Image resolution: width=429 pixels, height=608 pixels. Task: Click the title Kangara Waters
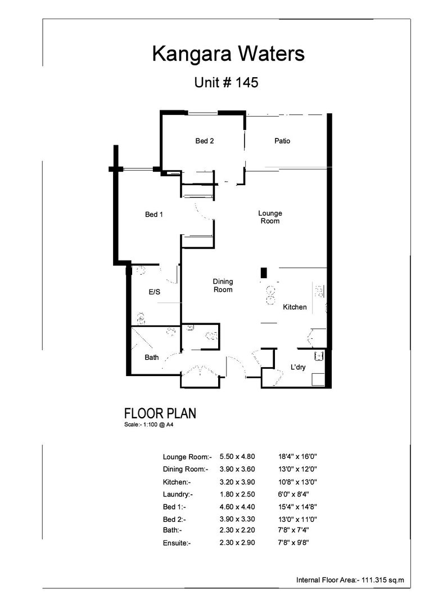(x=228, y=55)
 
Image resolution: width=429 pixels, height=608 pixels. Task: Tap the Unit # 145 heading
(x=226, y=82)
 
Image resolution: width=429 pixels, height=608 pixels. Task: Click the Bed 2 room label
(x=204, y=141)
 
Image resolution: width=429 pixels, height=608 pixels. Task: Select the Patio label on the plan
(x=282, y=141)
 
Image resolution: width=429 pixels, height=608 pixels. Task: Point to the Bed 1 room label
(x=153, y=214)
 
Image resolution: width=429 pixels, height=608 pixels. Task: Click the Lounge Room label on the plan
(x=270, y=217)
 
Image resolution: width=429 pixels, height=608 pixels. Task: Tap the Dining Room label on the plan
(x=223, y=285)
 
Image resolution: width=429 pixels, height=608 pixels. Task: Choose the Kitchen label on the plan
(x=295, y=307)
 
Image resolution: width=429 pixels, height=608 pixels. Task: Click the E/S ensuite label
(x=155, y=292)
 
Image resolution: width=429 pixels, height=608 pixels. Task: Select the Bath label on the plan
(x=152, y=357)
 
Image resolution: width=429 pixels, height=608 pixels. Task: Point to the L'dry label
(x=298, y=366)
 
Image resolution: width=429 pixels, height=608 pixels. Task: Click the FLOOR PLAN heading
(x=160, y=414)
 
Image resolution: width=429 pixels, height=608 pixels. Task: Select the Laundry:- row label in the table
(x=178, y=494)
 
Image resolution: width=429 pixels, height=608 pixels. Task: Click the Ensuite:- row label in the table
(x=177, y=543)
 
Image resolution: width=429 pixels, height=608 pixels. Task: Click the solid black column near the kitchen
(x=263, y=273)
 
